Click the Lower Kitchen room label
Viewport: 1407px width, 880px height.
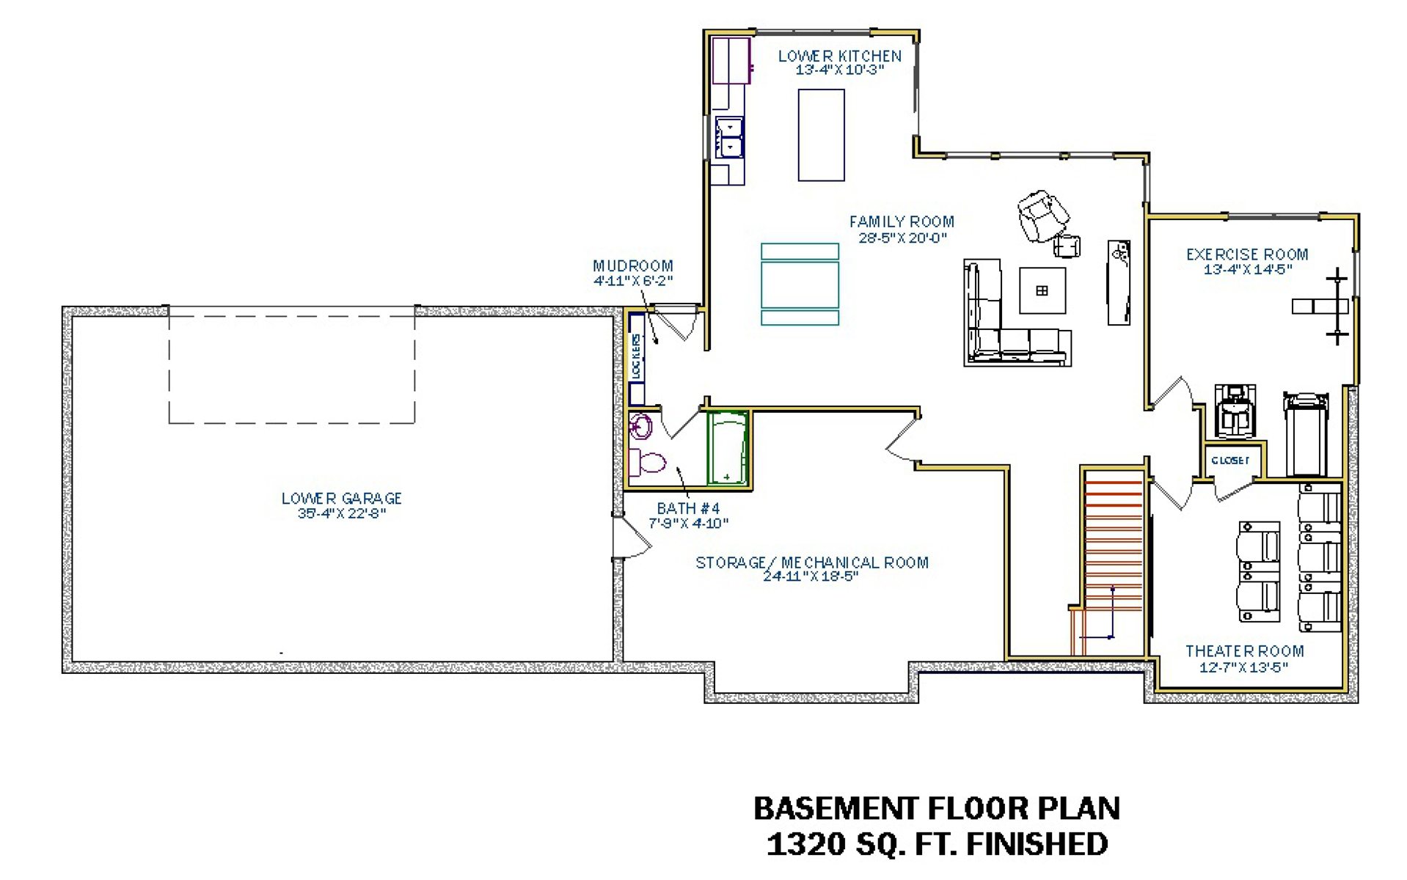click(839, 56)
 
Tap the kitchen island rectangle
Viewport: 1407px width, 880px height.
click(821, 135)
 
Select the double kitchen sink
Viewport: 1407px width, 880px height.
click(730, 137)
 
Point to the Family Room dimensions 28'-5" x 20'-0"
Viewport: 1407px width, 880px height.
click(902, 238)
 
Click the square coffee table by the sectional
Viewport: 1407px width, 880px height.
click(1042, 290)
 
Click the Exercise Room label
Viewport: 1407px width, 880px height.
click(1247, 254)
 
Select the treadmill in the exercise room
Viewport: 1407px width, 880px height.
click(1306, 434)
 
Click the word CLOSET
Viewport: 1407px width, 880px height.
click(1230, 461)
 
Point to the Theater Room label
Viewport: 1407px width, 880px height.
click(1244, 651)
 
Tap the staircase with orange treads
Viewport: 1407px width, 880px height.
click(1112, 562)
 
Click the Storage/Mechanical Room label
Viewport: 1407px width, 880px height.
click(812, 562)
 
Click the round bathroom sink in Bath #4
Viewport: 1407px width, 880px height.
click(641, 425)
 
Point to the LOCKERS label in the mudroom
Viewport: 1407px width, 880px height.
click(636, 356)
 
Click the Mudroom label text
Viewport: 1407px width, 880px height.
click(632, 265)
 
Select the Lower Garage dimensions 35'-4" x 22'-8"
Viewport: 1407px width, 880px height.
click(342, 513)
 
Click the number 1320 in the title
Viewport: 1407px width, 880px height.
click(805, 844)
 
